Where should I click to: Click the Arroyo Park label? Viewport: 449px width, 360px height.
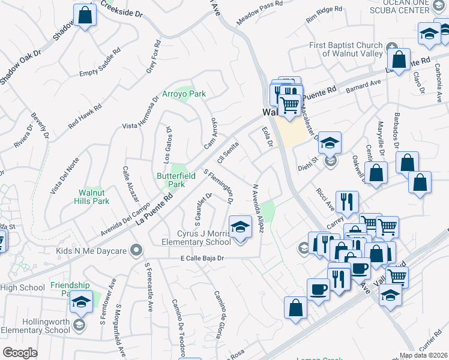(184, 94)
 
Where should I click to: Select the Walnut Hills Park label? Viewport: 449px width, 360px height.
(94, 197)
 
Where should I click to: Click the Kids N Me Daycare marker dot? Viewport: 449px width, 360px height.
(137, 249)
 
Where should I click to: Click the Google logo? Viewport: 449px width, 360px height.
(20, 352)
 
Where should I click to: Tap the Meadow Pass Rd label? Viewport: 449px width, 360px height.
(259, 12)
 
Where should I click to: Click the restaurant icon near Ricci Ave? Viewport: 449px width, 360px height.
(347, 202)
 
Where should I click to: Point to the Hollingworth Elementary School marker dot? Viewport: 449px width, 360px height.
(79, 326)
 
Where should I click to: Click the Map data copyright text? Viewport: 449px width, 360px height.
(424, 355)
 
